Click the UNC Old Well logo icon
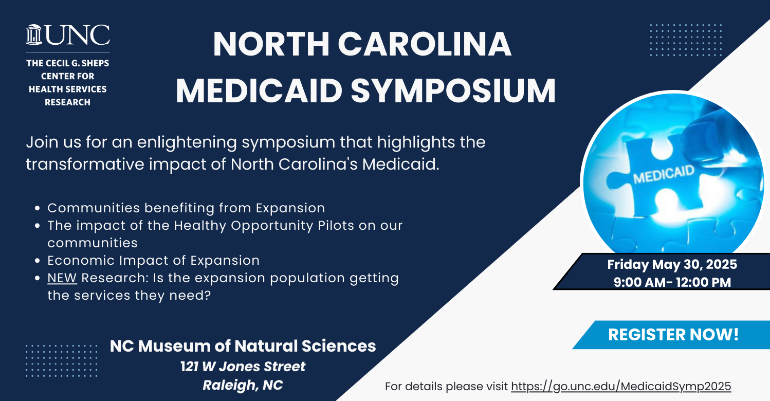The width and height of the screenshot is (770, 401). click(34, 34)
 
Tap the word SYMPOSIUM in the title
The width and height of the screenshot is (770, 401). click(453, 91)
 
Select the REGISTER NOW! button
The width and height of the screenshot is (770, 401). click(673, 335)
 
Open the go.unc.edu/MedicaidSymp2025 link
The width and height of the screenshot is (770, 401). click(621, 386)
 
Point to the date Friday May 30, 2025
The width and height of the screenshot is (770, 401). click(672, 264)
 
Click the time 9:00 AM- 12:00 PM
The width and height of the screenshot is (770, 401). click(672, 282)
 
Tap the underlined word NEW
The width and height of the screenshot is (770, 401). click(62, 278)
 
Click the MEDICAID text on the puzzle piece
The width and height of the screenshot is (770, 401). click(664, 174)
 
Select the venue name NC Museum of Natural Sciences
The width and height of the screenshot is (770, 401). click(243, 345)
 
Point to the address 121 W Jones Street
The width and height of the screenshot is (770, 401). click(243, 366)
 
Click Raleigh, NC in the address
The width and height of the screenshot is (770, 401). click(243, 385)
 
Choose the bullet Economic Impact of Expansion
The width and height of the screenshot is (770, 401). click(153, 260)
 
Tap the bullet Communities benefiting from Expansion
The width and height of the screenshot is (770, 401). click(186, 208)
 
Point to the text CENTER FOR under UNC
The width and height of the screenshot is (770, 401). click(68, 76)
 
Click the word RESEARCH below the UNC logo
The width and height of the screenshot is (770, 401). click(68, 102)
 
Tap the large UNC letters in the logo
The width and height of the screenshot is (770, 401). click(78, 35)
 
